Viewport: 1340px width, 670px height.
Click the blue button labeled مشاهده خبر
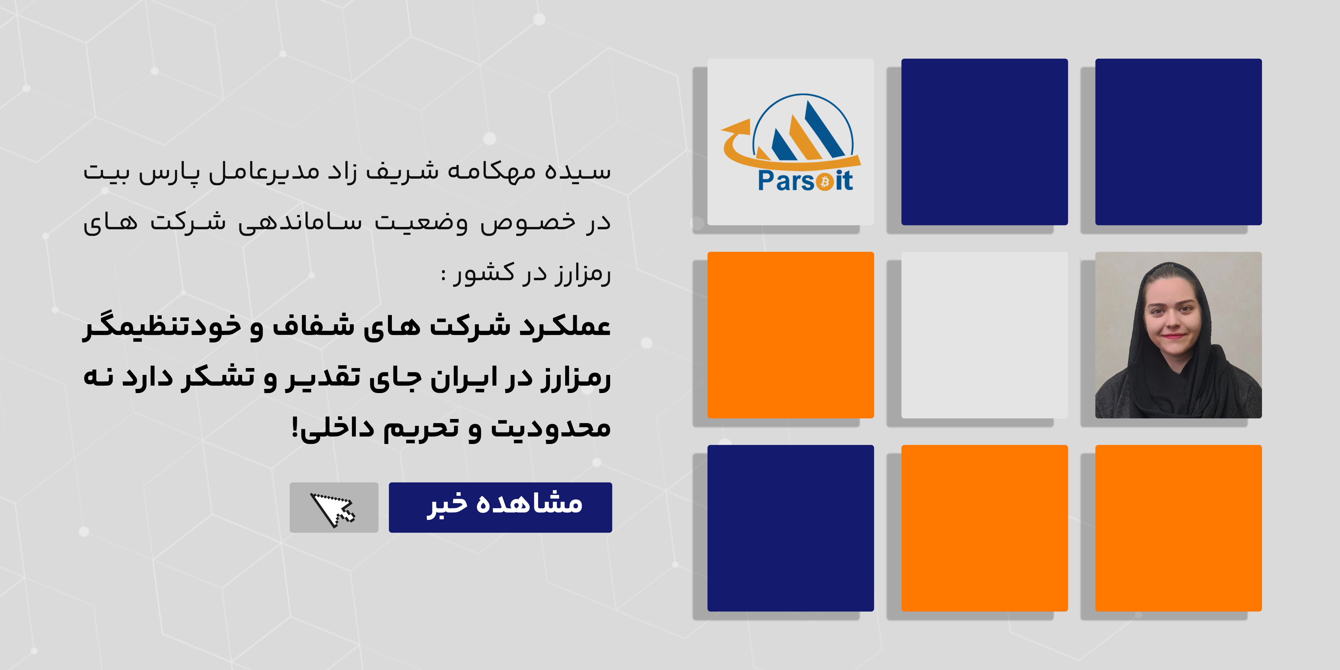point(501,507)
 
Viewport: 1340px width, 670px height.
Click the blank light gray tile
point(984,335)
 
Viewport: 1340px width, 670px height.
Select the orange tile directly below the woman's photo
point(1178,528)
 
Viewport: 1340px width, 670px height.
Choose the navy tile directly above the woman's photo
point(1178,142)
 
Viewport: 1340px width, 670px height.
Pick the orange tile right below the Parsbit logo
point(791,335)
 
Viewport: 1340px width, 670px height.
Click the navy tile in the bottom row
point(791,528)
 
